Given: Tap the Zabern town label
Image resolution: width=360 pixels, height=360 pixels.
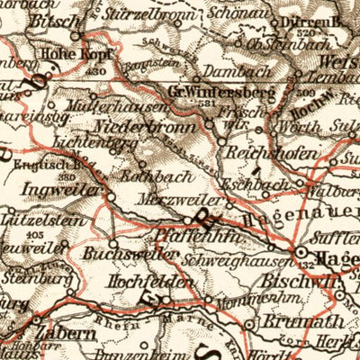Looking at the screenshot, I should click(x=61, y=332).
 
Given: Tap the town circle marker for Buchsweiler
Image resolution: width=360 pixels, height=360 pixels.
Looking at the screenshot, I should click(x=113, y=242).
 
